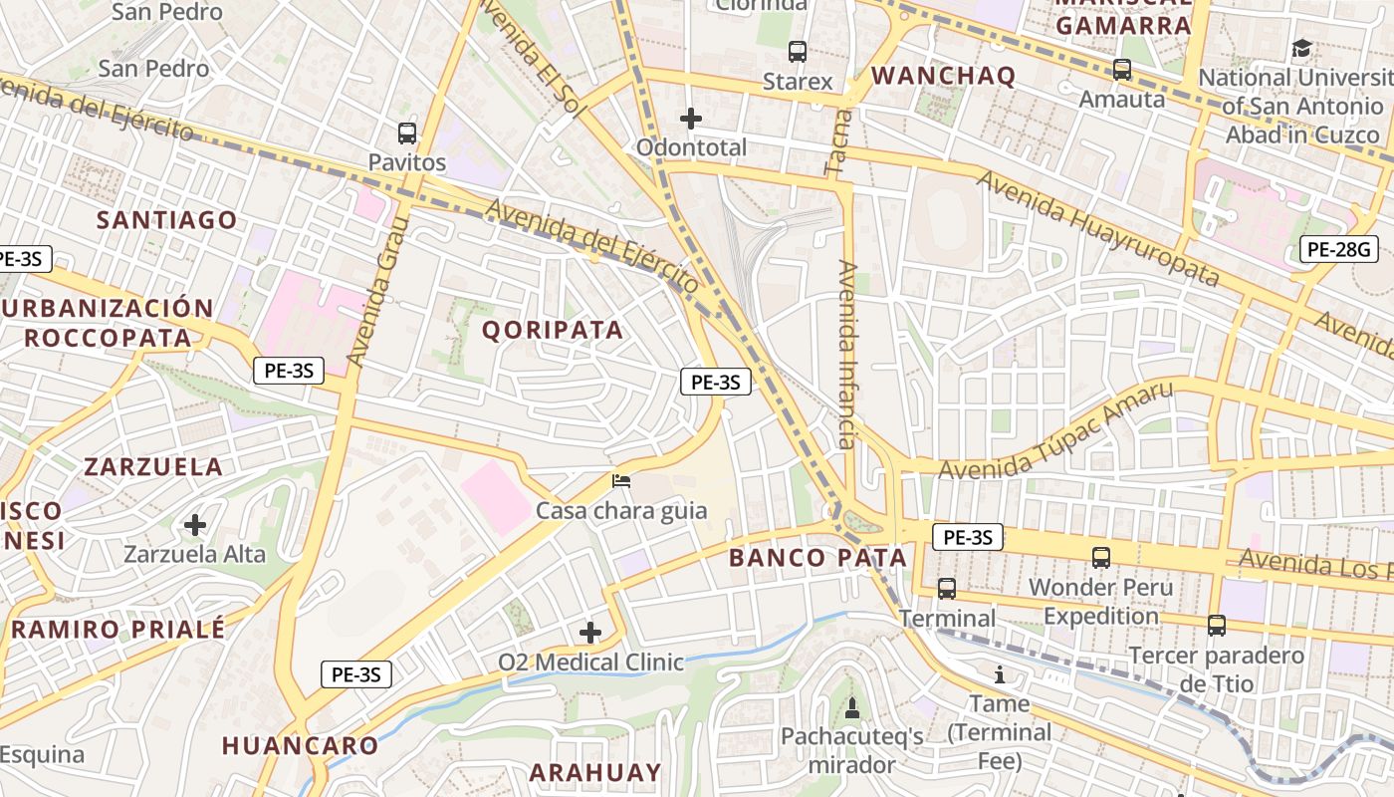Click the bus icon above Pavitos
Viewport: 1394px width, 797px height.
pos(406,133)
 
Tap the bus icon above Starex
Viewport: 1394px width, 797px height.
pos(797,52)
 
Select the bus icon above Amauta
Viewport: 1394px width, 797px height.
pos(1122,70)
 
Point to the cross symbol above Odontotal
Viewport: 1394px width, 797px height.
pos(691,119)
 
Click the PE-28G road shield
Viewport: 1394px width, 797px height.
pos(1339,249)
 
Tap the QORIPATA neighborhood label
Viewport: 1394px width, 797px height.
pos(554,330)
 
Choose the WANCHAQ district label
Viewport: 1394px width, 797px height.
pos(943,76)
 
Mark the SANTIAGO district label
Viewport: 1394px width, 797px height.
pos(166,220)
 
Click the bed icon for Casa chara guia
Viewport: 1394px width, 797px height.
pos(621,481)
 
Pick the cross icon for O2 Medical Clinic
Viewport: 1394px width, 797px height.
pos(590,632)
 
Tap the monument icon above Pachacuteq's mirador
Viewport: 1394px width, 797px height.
pos(851,708)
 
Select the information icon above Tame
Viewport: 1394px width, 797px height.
pos(1000,674)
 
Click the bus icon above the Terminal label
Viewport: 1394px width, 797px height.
pos(947,588)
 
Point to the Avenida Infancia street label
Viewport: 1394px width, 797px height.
pos(847,354)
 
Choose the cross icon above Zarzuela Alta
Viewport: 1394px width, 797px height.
pos(195,524)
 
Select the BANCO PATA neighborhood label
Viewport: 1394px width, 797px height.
pos(817,558)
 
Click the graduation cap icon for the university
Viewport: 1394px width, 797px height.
pos(1301,48)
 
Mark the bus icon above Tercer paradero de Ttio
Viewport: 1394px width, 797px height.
pos(1216,625)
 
